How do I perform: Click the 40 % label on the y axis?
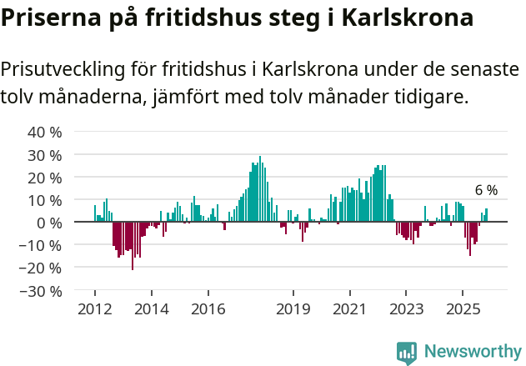(x=45, y=133)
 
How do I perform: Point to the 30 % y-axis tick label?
(x=45, y=155)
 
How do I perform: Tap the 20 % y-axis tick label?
(x=45, y=178)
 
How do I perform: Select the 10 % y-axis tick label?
(x=45, y=200)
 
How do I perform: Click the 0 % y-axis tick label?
(x=49, y=223)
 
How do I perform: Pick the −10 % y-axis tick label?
(x=41, y=246)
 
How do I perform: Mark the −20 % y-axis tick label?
(x=41, y=268)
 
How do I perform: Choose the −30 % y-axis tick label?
(x=41, y=291)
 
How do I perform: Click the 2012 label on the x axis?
(x=94, y=309)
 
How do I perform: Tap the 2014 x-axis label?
(x=151, y=309)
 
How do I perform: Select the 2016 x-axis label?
(x=208, y=309)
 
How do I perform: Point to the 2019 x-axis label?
(x=293, y=309)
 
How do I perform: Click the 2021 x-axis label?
(x=349, y=309)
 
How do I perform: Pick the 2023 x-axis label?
(x=406, y=309)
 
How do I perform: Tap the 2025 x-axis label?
(x=463, y=309)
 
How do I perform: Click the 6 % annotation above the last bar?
(x=486, y=190)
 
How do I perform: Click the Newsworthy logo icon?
(x=407, y=352)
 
